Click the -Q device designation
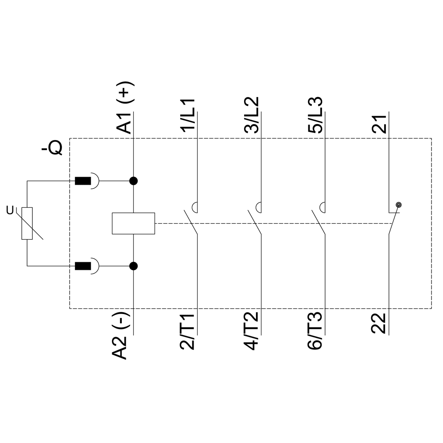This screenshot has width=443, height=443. (52, 148)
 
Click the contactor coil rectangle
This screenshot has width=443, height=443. (133, 223)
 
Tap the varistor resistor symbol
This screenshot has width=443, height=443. (27, 223)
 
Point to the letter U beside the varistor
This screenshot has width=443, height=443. (10, 210)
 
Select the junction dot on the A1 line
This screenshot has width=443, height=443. (133, 181)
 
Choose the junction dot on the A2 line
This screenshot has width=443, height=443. (133, 266)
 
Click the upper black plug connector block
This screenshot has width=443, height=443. (83, 181)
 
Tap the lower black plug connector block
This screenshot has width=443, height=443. (83, 266)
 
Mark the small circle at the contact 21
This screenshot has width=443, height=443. (398, 205)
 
